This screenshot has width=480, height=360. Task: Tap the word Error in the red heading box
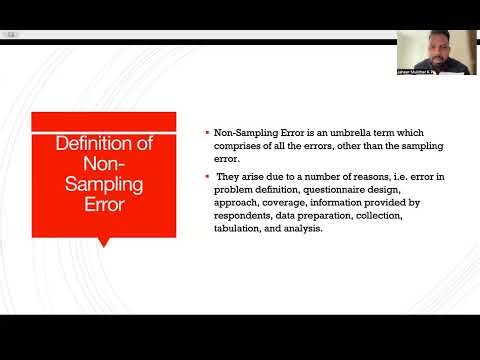(x=104, y=206)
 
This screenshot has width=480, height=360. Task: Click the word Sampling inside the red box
(x=104, y=186)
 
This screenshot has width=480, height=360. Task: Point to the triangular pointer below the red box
(x=104, y=241)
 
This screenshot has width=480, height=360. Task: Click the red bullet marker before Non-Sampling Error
(x=206, y=133)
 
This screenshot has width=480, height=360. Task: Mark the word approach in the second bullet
(x=234, y=202)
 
